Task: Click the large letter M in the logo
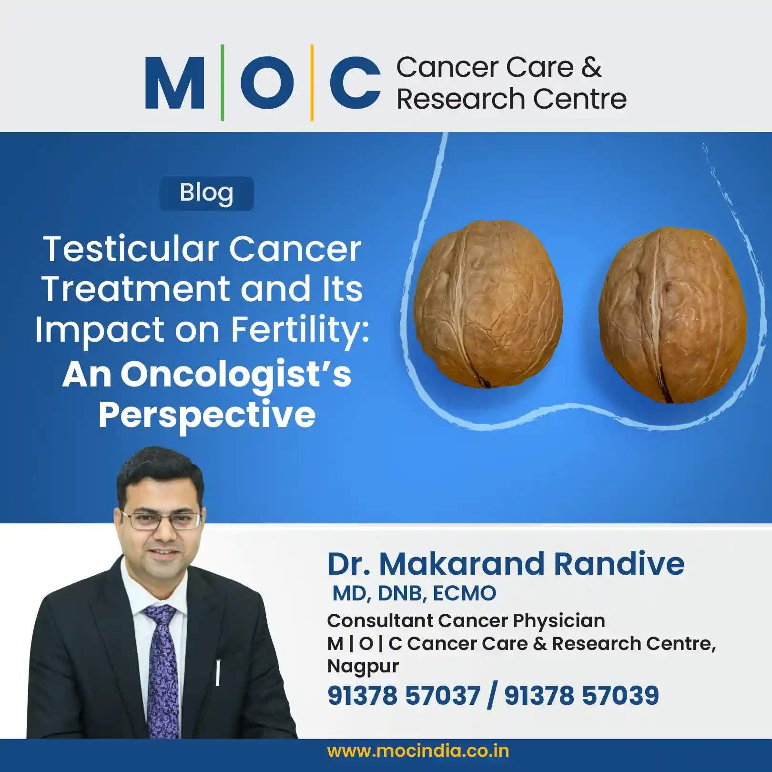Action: [175, 82]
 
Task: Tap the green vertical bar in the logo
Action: [222, 82]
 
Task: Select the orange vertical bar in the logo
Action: [312, 82]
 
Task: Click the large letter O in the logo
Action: [267, 82]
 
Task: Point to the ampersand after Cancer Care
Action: [591, 67]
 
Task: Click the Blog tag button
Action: [206, 193]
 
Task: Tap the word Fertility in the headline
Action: [300, 330]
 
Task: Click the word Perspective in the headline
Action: [207, 414]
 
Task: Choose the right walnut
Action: [672, 315]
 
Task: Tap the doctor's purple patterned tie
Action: [163, 667]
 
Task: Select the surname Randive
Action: [619, 564]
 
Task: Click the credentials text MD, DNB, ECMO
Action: [414, 593]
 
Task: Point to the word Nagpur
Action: [363, 666]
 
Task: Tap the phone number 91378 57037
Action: [404, 695]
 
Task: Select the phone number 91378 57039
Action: [581, 695]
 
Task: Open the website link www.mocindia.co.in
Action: [418, 751]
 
